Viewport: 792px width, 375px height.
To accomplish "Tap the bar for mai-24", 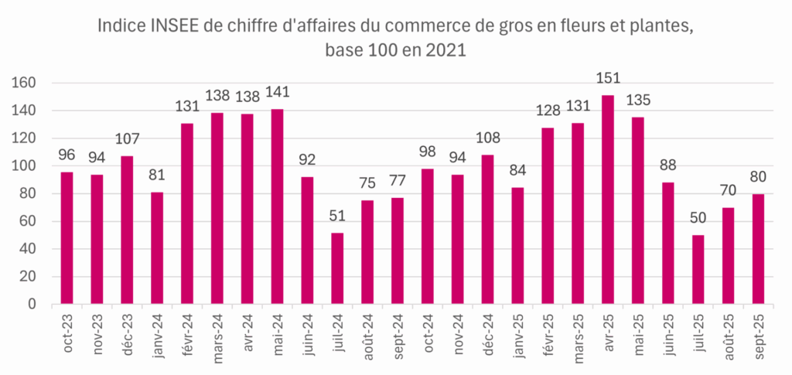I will click(277, 206).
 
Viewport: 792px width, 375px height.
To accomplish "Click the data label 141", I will click(277, 93).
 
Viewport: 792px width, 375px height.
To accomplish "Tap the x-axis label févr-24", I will click(188, 334).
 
